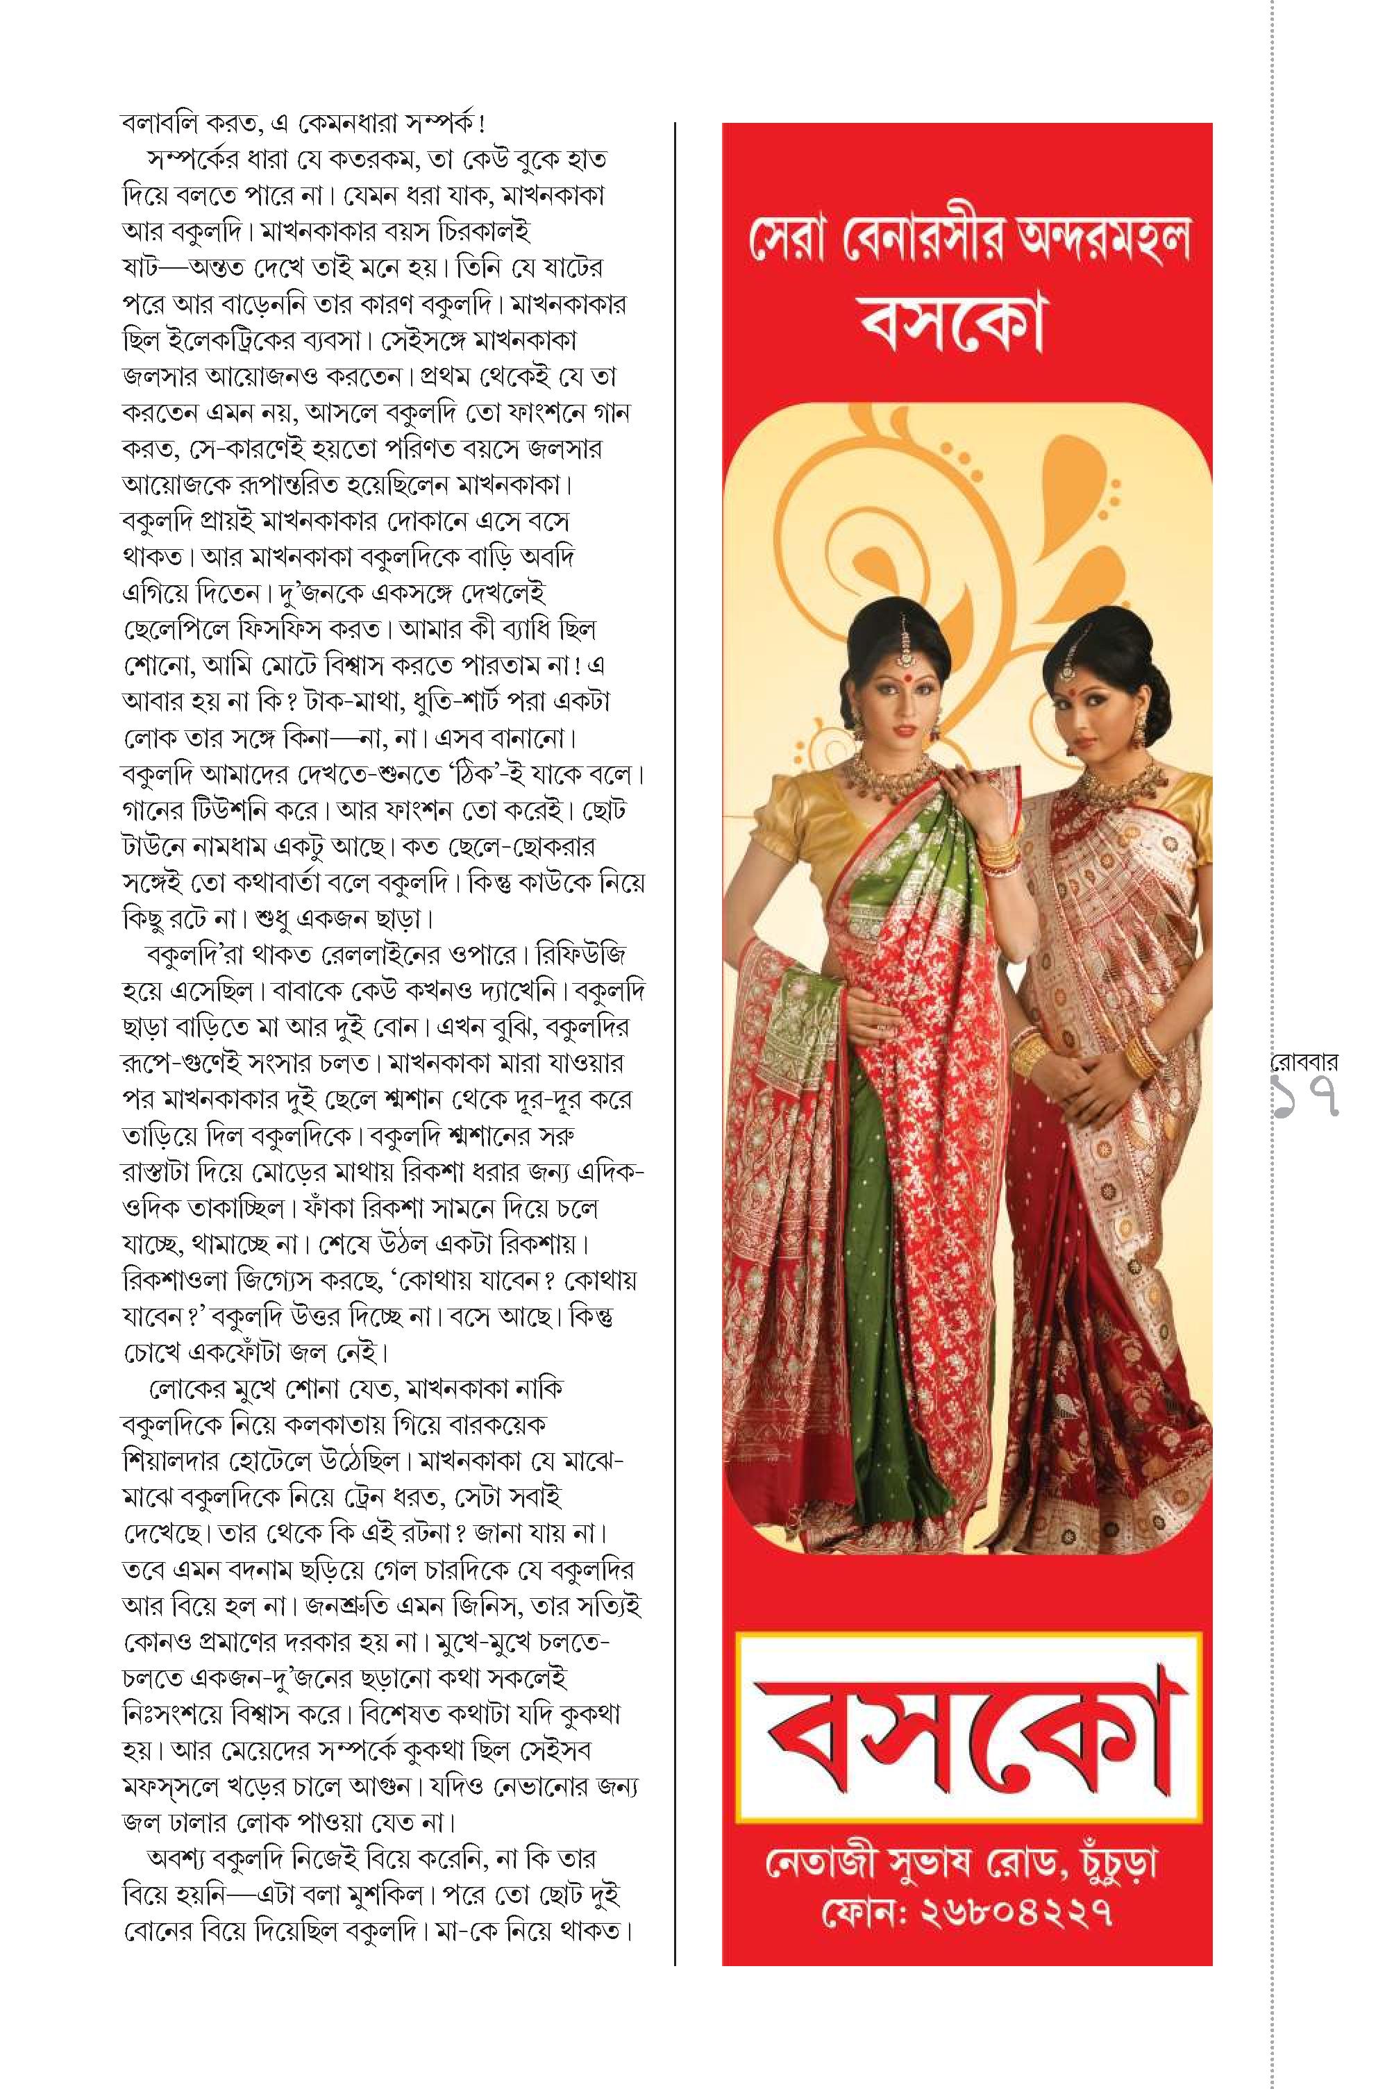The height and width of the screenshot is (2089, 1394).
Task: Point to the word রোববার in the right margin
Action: click(1306, 1062)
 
